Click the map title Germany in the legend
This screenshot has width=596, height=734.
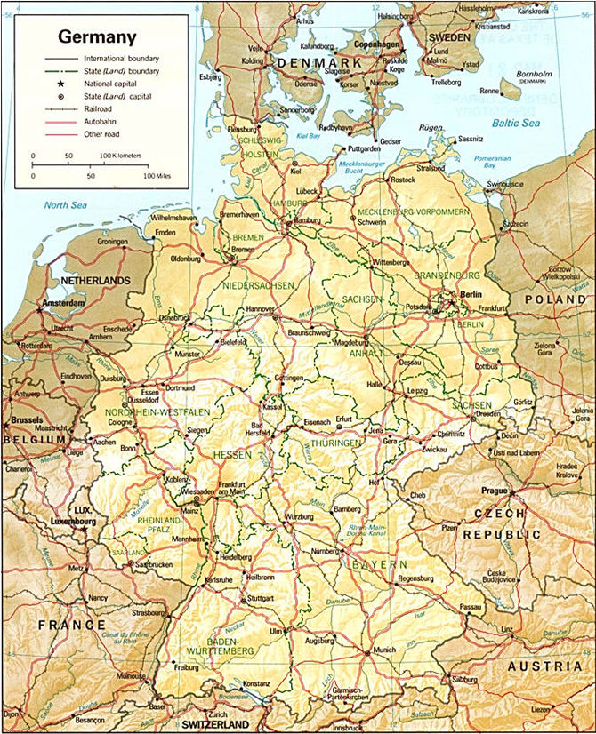tap(98, 37)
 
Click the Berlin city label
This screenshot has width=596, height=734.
tap(471, 294)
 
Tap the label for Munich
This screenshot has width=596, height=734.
tap(384, 650)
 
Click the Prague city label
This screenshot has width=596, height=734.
tap(495, 491)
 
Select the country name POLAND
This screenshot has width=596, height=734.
tap(556, 300)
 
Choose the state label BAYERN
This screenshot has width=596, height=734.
tap(379, 564)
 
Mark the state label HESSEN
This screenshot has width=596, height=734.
tap(232, 455)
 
